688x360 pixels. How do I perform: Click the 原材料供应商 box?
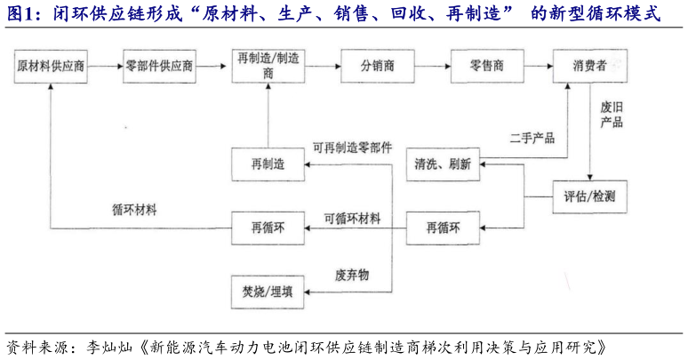pos(52,67)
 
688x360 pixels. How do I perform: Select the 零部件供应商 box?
pos(160,67)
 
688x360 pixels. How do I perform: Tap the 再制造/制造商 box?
pos(268,66)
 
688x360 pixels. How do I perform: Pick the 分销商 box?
pos(377,67)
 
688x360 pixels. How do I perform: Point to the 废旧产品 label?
pos(611,114)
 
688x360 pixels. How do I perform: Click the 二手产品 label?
pos(532,138)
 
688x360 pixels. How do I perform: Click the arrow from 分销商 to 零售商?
pos(430,67)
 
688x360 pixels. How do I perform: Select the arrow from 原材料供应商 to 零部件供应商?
pos(105,67)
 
